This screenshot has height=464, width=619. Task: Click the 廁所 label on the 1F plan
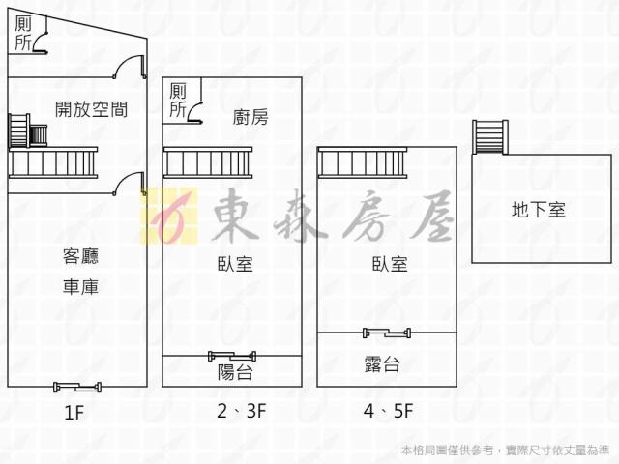[x=23, y=33]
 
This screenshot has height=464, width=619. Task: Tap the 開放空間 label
[x=92, y=109]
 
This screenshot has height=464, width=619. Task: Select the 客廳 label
[x=80, y=256]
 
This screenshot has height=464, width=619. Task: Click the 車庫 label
[x=80, y=287]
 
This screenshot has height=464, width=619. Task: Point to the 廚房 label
[x=251, y=117]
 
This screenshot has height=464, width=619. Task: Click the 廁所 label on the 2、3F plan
[x=178, y=101]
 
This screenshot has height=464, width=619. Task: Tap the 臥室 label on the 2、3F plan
[x=237, y=264]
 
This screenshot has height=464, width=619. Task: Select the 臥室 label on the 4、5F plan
[x=389, y=264]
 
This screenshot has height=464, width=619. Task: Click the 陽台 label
[x=237, y=372]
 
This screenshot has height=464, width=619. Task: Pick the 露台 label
[x=383, y=364]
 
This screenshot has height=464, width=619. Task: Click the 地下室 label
[x=539, y=208]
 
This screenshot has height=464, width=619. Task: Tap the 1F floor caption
[x=74, y=414]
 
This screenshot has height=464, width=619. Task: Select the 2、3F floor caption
[x=242, y=412]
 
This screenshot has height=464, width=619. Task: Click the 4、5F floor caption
[x=389, y=412]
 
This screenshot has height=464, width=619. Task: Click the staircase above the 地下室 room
[x=489, y=136]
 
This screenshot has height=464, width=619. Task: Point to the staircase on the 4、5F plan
[x=362, y=162]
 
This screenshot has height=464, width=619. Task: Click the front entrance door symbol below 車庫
[x=77, y=387]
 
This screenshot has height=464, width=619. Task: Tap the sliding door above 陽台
[x=232, y=355]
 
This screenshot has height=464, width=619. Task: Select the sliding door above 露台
[x=388, y=333]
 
